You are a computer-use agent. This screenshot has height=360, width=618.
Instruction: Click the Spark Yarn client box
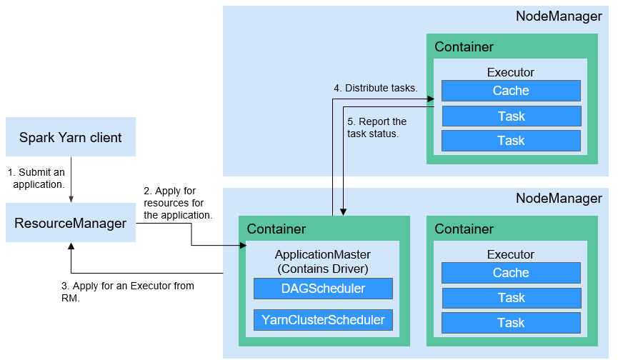click(x=71, y=136)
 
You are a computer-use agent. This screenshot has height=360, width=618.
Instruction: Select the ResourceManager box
click(x=71, y=223)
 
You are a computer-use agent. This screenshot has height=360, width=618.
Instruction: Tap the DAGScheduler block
click(x=323, y=289)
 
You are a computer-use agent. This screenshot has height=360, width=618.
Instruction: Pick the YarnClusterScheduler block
click(x=323, y=320)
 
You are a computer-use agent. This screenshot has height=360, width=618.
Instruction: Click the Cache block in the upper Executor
click(x=512, y=91)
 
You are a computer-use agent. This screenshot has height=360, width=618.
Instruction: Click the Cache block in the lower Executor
click(x=512, y=273)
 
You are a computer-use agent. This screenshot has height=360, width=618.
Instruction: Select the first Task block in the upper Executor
click(x=512, y=116)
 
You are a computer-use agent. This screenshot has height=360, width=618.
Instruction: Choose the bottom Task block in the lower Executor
click(x=512, y=323)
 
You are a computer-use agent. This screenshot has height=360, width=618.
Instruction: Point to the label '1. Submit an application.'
click(x=36, y=179)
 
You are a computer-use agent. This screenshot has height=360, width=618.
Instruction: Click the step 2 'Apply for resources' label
click(x=178, y=203)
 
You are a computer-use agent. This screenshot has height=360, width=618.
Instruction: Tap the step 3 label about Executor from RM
click(x=128, y=292)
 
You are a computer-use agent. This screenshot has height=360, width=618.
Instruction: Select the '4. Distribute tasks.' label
click(x=376, y=88)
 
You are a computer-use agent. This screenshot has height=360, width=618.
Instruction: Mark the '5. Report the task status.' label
click(x=377, y=128)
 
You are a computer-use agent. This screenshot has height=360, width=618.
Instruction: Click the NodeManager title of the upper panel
click(x=559, y=16)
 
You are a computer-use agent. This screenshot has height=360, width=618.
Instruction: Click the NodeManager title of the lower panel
click(x=559, y=198)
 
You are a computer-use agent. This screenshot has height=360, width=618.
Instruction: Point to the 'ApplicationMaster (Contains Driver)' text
click(x=323, y=261)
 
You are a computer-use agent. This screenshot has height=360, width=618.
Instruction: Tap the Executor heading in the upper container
click(x=511, y=72)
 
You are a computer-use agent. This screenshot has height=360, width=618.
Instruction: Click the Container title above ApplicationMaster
click(x=276, y=229)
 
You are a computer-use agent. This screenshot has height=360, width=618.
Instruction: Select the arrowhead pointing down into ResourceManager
click(x=71, y=200)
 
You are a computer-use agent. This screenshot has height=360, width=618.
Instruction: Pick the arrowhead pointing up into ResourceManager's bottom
click(x=71, y=246)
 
